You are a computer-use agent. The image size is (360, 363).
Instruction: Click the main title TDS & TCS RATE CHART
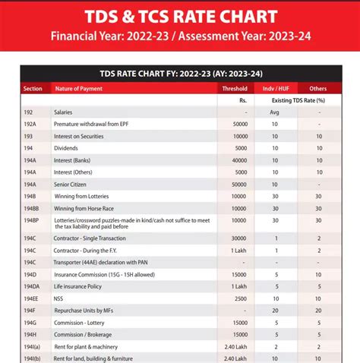pos(180,16)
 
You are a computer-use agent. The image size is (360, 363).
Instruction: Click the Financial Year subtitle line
pos(180,35)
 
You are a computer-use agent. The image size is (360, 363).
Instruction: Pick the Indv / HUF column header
pos(275,89)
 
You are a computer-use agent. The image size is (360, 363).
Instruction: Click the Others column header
pos(318,89)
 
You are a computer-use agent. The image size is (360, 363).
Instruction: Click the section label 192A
pos(30,124)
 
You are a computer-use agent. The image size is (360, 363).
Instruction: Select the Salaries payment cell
pos(63,112)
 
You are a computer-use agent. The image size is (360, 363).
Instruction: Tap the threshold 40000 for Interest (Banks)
pos(240,160)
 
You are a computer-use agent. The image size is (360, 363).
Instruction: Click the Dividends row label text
pos(66,148)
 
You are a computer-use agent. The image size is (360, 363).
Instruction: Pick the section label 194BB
pos(31,208)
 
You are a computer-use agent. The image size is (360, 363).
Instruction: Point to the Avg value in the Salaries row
pos(274,112)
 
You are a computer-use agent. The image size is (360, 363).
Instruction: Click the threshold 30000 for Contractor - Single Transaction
pos(240,238)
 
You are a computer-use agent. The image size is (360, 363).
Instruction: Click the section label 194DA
pos(31,286)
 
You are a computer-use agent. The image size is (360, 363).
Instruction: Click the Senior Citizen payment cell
pos(74,185)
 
